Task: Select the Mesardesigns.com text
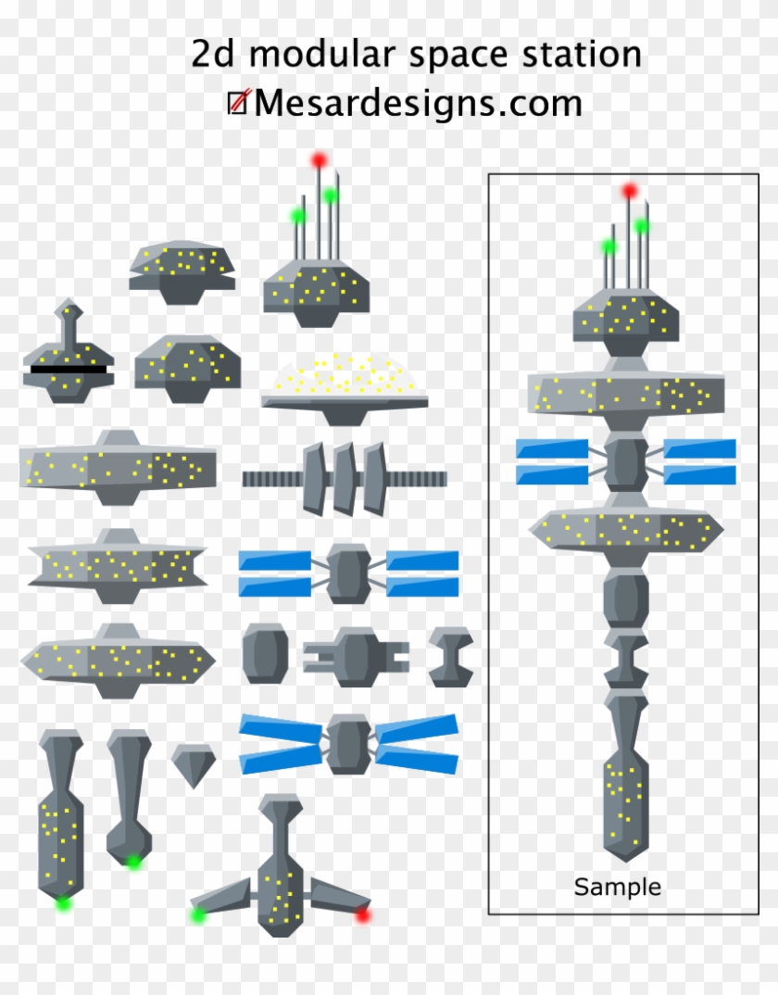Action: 418,103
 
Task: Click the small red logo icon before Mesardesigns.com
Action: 238,103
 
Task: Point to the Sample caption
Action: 618,887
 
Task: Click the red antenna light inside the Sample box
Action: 630,192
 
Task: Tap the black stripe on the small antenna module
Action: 69,369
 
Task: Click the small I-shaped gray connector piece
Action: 451,656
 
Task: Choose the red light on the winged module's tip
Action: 362,914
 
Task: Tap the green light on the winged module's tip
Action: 197,915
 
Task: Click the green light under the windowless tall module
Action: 133,862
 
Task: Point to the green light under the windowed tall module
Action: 63,902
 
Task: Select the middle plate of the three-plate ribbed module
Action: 345,478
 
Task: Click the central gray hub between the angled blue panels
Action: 349,744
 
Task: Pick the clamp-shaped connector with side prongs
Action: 355,656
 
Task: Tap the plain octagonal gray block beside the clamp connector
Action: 259,653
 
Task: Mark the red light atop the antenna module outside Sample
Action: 320,160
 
